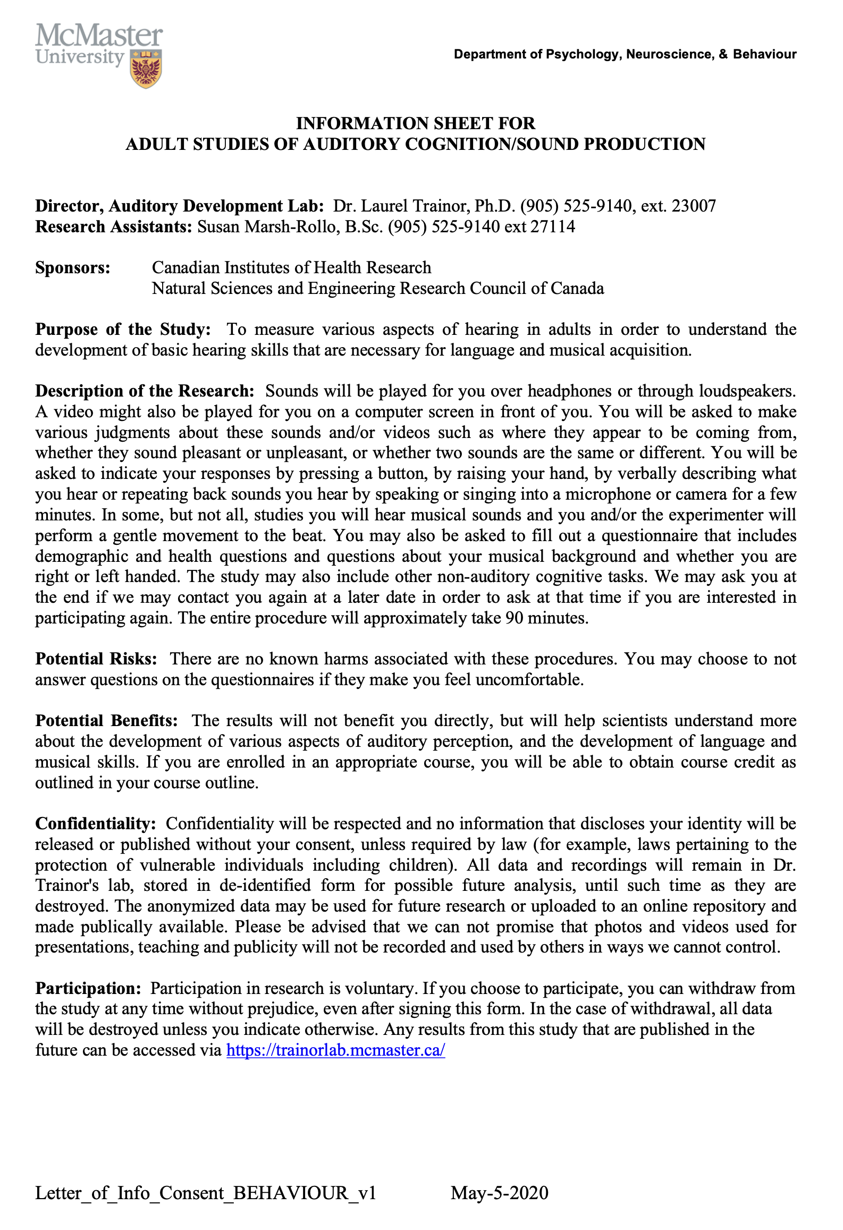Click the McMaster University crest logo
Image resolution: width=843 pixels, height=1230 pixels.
146,69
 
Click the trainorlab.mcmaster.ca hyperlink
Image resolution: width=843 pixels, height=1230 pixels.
335,1050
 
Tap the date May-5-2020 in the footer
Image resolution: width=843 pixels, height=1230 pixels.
499,1193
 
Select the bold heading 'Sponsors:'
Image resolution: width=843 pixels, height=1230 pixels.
73,267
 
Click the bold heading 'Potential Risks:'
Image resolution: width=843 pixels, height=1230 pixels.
96,659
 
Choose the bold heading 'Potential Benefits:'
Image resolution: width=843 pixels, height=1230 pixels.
106,720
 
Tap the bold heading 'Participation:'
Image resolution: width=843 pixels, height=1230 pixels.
88,988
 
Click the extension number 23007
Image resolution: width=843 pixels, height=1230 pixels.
693,206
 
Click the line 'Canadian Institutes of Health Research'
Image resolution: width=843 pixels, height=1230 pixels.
291,267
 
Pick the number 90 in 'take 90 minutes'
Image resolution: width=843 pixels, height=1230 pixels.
515,618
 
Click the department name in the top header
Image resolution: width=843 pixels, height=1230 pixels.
625,54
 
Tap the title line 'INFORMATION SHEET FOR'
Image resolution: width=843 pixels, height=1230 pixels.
415,123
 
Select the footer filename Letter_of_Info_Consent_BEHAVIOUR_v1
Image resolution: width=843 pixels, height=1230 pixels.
206,1193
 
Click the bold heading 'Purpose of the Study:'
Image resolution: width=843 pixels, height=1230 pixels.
123,329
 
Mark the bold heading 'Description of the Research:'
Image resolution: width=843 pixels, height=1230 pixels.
145,391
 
